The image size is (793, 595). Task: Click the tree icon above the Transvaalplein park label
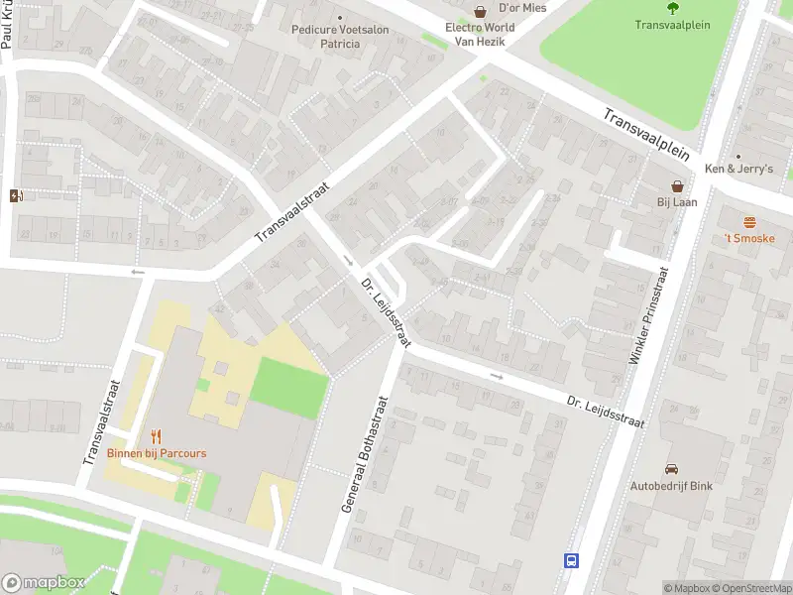coord(673,8)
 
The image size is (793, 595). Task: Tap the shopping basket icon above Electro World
coord(480,12)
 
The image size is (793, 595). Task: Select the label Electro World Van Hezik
coord(480,34)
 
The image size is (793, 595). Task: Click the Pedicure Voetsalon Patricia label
coord(340,37)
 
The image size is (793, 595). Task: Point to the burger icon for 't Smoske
coord(749,221)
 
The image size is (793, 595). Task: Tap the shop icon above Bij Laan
coord(678,185)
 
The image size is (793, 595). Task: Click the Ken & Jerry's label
coord(737,169)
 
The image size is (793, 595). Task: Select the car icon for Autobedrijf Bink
coord(671,469)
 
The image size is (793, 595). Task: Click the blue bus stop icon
coord(572,560)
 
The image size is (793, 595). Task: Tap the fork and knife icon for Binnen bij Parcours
coord(156,436)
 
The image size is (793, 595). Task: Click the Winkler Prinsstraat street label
coord(649,315)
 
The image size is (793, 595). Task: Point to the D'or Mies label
coord(522,8)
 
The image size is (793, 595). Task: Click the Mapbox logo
coord(44,583)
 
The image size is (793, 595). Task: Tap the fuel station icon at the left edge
coord(14,194)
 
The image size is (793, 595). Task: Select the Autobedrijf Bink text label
coord(671,486)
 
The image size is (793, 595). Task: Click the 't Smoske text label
coord(749,238)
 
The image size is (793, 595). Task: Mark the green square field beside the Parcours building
coord(287,388)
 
